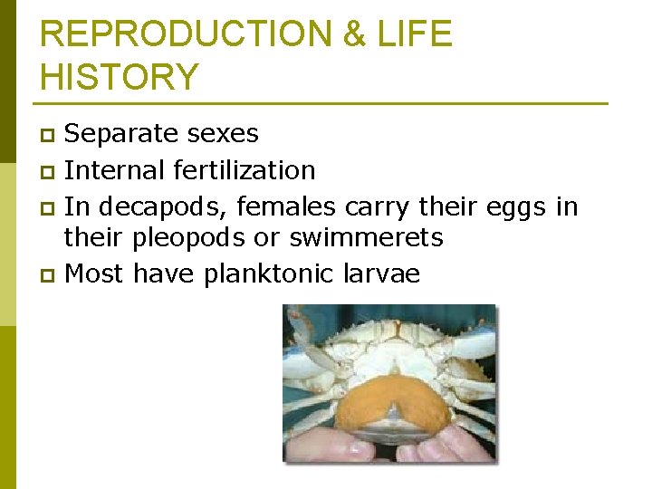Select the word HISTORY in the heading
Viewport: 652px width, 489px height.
coord(120,77)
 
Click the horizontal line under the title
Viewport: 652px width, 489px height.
coord(323,103)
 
